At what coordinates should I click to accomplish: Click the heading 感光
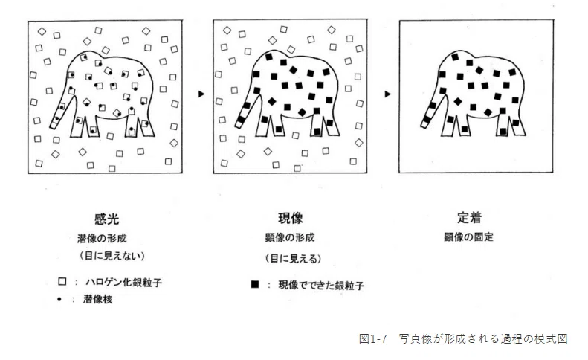(107, 219)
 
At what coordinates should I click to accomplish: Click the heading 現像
(291, 218)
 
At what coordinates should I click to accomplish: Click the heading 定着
(469, 217)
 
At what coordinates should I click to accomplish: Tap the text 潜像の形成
(102, 238)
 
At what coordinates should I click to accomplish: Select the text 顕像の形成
(290, 237)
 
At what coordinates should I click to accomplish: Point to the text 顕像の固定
(469, 237)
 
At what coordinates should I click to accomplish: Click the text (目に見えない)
(112, 256)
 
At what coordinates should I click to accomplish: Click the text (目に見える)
(293, 259)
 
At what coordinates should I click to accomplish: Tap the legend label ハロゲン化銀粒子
(123, 283)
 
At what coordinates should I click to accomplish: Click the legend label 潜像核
(98, 299)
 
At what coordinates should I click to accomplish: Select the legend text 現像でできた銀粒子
(321, 286)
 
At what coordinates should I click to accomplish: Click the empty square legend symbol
(62, 281)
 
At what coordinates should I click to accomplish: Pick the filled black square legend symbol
(255, 284)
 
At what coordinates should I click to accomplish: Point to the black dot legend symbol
(59, 299)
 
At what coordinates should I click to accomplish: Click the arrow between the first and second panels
(201, 94)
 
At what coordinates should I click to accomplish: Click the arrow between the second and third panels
(388, 94)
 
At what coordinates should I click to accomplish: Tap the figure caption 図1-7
(372, 338)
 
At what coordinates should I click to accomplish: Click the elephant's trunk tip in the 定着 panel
(423, 125)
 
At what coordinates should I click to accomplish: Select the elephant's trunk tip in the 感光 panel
(53, 126)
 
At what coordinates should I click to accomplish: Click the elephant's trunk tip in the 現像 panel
(238, 126)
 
